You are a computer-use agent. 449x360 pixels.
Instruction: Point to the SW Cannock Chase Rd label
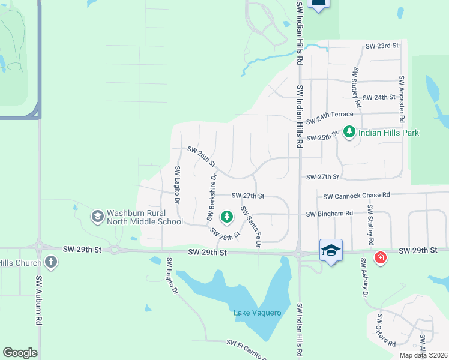tap(357, 196)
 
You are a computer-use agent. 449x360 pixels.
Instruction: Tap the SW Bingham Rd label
tap(329, 214)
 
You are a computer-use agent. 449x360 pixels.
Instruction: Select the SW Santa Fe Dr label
tap(252, 227)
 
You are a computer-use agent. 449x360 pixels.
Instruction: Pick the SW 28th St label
tap(225, 233)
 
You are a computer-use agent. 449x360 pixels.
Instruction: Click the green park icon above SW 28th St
tap(227, 215)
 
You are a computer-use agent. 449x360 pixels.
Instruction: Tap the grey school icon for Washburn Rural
tap(97, 215)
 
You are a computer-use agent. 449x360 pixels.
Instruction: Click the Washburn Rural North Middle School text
tap(145, 217)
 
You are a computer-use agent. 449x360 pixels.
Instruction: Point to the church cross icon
tap(51, 262)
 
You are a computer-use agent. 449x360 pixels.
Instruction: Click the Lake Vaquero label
tap(258, 313)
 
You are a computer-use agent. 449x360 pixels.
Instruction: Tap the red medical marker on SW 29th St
tap(380, 258)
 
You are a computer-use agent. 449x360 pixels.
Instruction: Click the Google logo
tap(20, 353)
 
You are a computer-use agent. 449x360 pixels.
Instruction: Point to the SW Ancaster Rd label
tap(402, 99)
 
